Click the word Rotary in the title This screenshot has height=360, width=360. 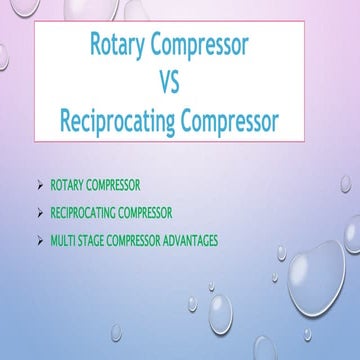pos(120,46)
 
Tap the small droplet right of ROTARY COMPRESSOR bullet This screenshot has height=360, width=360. pos(345,184)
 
